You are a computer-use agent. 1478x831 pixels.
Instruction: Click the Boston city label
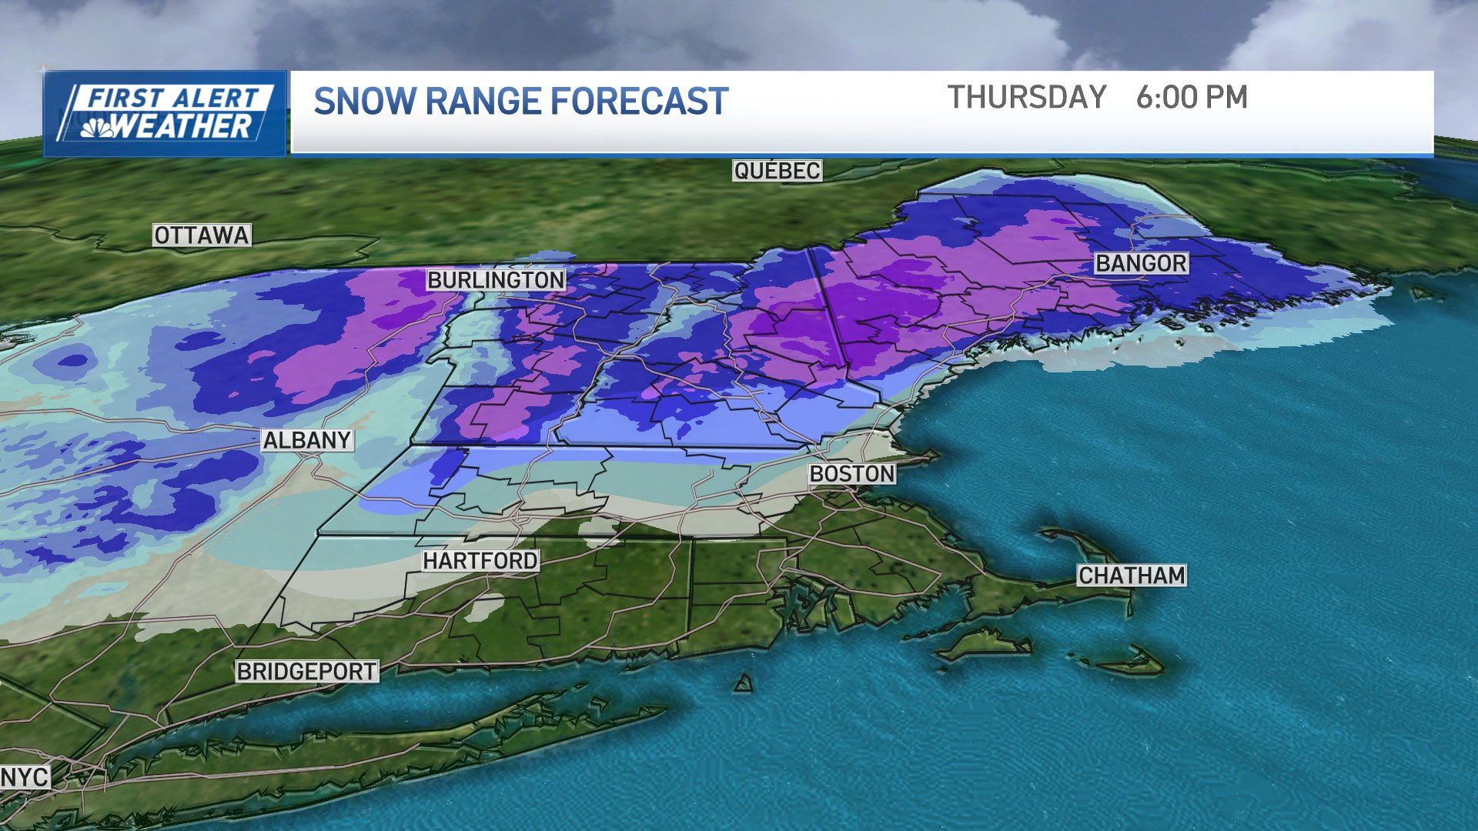tap(852, 474)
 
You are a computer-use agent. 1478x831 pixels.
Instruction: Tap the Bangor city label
tap(1142, 263)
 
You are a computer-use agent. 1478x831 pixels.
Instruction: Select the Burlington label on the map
tap(496, 280)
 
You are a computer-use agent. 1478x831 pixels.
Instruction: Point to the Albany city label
tap(307, 440)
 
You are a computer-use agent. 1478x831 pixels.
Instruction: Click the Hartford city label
tap(480, 561)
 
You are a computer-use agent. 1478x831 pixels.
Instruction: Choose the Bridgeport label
tap(306, 672)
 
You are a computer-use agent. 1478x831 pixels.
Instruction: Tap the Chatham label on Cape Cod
tap(1132, 576)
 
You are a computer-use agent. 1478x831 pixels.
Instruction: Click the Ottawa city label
tap(202, 235)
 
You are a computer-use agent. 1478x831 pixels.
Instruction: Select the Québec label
tap(777, 171)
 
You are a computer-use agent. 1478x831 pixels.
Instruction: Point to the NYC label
tap(25, 777)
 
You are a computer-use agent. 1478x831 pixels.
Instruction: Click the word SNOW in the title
tap(363, 102)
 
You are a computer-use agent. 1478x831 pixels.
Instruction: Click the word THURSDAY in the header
tap(1026, 98)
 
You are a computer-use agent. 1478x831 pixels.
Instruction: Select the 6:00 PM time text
tap(1192, 98)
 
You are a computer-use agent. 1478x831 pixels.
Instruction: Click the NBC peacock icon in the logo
tap(97, 128)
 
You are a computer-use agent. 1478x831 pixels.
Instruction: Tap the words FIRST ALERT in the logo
tap(173, 98)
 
